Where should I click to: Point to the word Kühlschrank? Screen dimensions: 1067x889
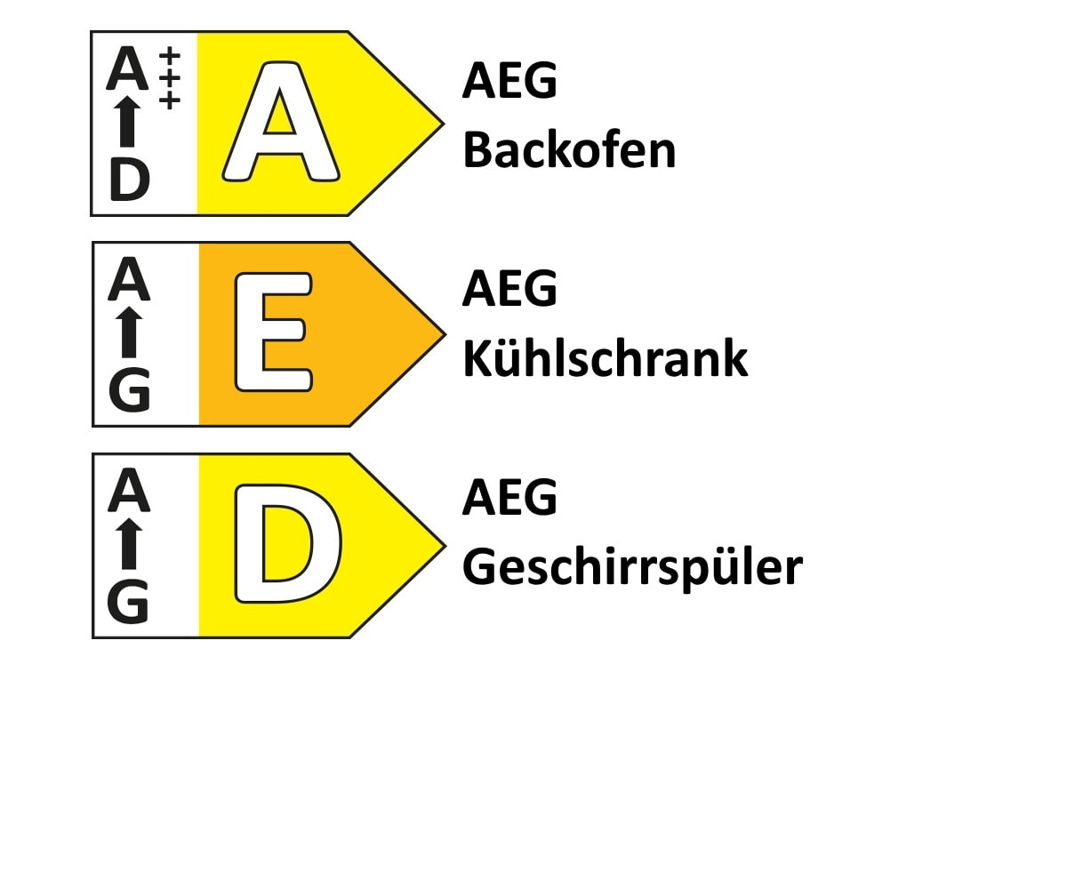click(605, 357)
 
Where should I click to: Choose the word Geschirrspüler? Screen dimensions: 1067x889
click(632, 568)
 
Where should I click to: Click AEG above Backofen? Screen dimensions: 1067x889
click(509, 80)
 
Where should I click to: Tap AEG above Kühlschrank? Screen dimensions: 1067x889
click(509, 288)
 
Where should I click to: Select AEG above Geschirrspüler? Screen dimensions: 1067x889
click(509, 497)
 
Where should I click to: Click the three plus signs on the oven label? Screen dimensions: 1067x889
click(169, 78)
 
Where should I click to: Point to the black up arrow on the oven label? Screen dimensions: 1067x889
click(127, 122)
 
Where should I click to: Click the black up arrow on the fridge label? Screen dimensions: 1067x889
click(129, 332)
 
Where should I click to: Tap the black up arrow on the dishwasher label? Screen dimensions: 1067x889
click(129, 543)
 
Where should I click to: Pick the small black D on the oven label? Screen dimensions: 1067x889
click(129, 179)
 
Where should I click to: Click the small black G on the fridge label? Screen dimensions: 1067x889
click(129, 390)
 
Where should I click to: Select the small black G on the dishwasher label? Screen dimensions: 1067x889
click(128, 601)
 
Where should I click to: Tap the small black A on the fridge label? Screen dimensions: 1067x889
click(129, 278)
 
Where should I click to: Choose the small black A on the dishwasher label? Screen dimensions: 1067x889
click(129, 490)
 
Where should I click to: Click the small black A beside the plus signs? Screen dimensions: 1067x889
click(127, 68)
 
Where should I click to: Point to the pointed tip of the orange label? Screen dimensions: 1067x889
click(445, 334)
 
